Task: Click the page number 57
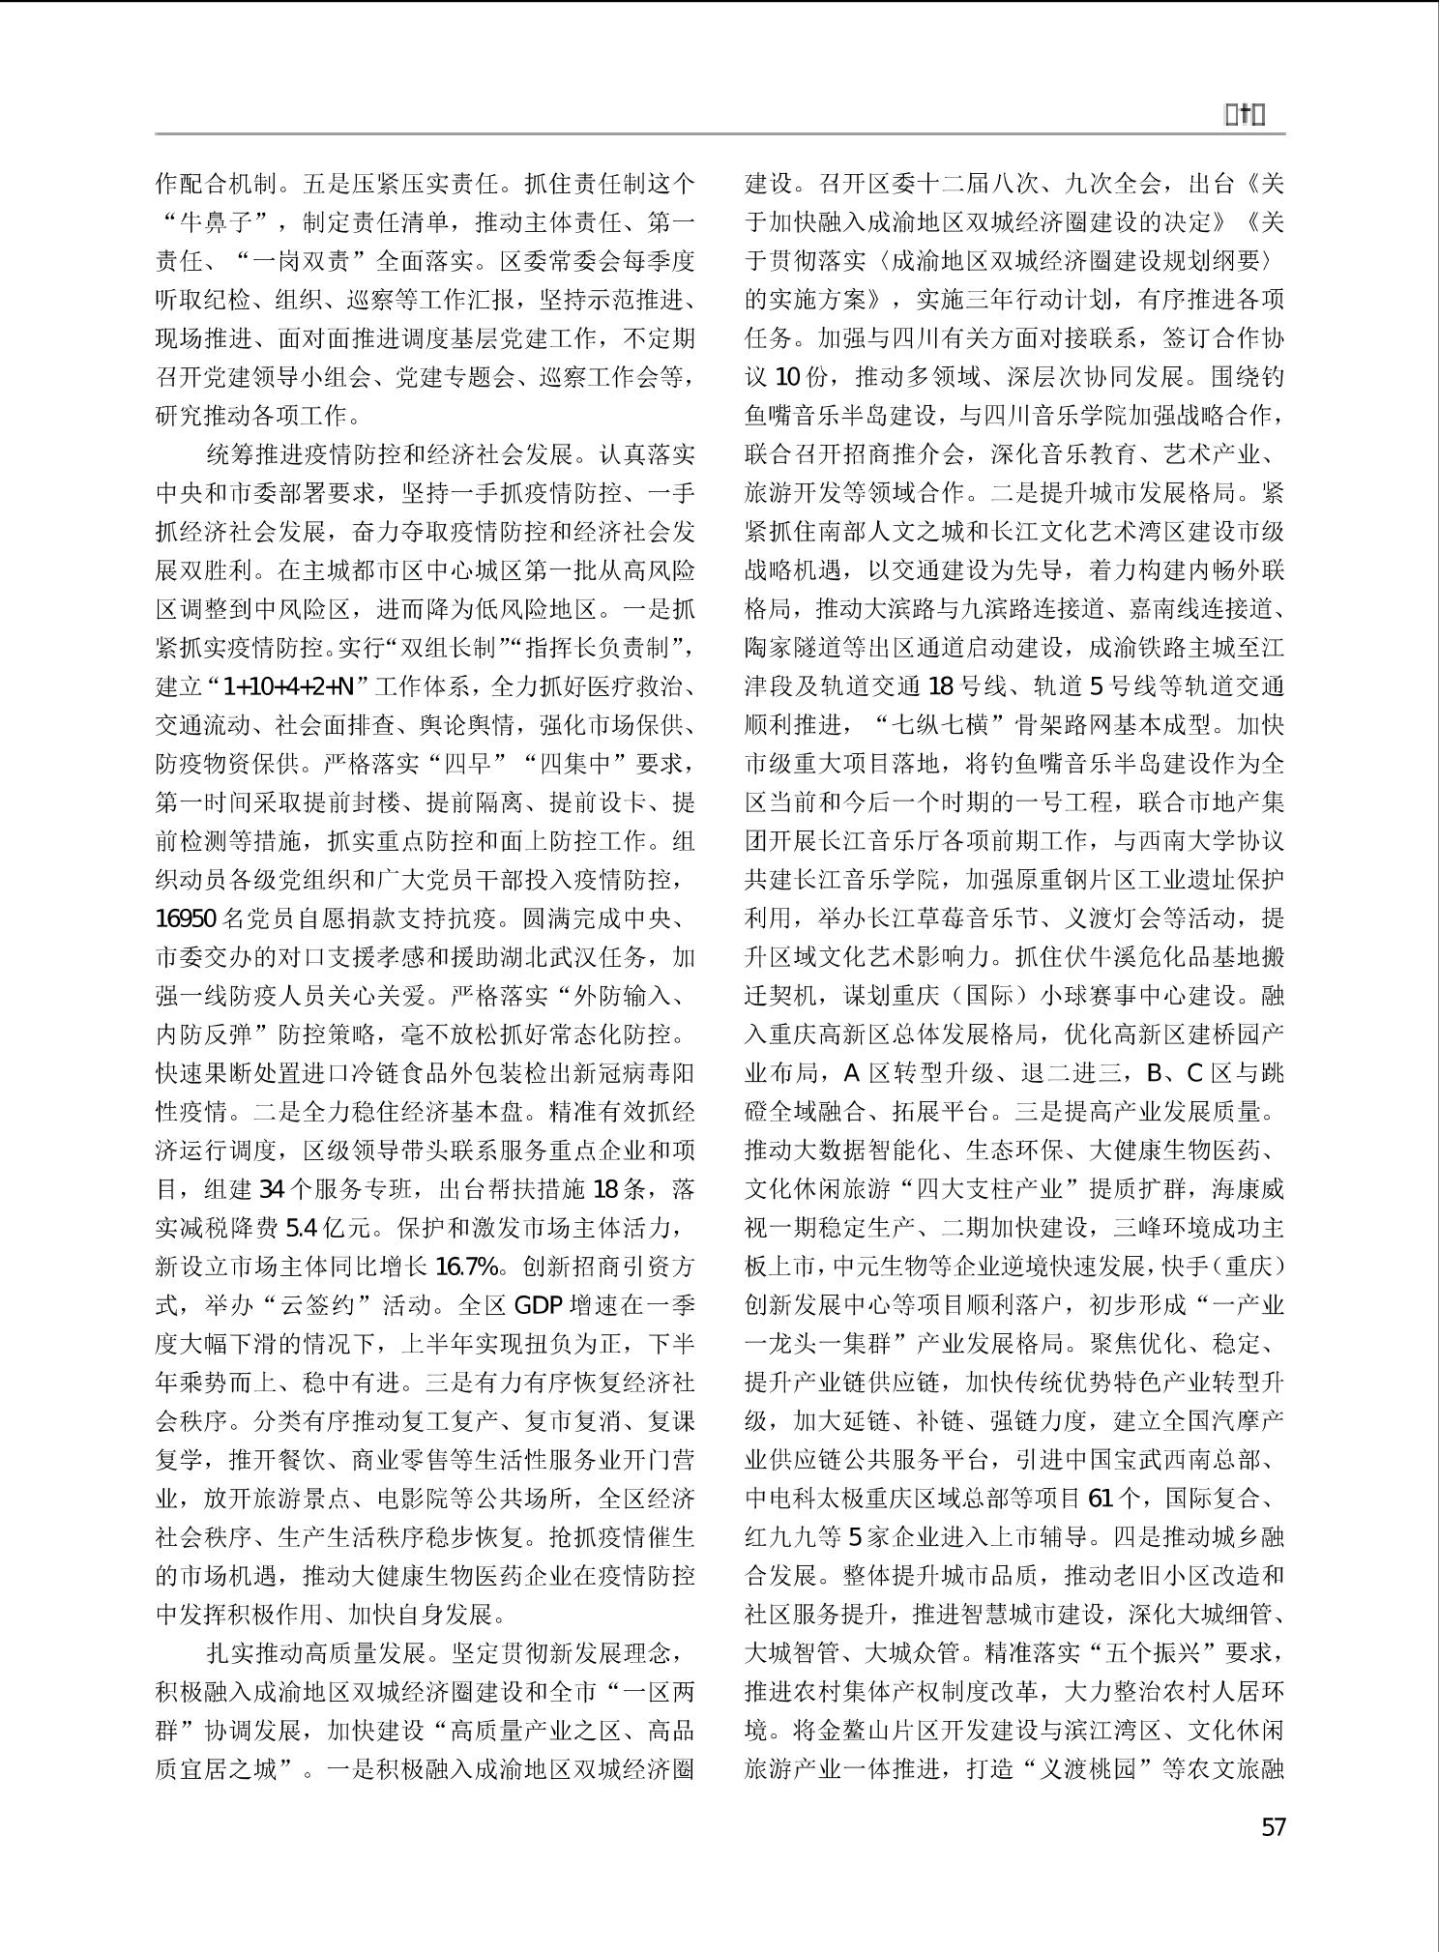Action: pos(1274,1826)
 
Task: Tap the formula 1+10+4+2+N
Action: pos(287,686)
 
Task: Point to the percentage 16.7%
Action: pos(468,1267)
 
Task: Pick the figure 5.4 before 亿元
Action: pos(302,1228)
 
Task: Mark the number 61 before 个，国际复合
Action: pos(1101,1499)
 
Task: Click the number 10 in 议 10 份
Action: pos(788,377)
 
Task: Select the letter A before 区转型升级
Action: pos(851,1073)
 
